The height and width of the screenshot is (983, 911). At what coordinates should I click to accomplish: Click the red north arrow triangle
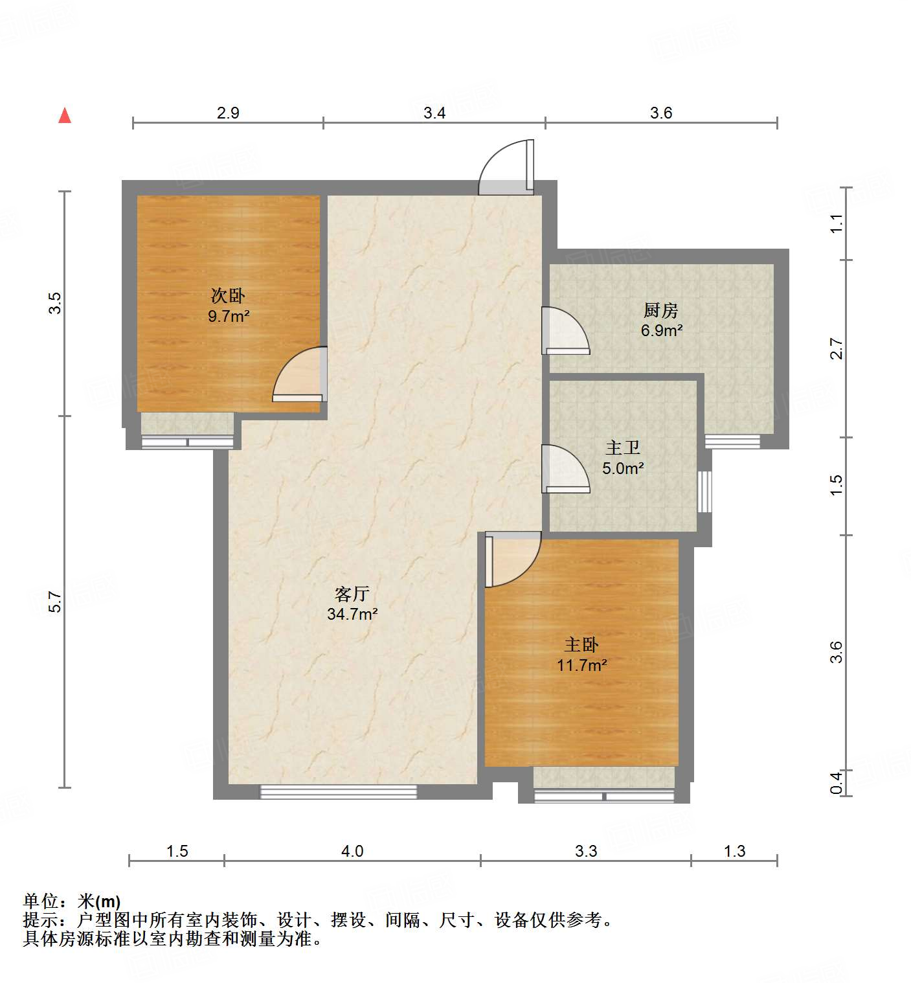[x=65, y=116]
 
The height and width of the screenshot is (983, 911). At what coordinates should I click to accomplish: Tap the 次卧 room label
[x=228, y=296]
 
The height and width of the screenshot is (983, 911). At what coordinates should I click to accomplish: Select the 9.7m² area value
[x=229, y=317]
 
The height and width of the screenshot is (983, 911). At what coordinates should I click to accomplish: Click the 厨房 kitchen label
[x=661, y=310]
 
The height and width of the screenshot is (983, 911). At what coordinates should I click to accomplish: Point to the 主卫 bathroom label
[x=623, y=447]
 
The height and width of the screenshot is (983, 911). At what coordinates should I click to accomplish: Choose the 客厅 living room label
[x=352, y=594]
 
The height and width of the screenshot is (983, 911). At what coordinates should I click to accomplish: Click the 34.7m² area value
[x=352, y=614]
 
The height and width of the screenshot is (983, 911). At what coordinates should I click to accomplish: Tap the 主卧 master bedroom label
[x=581, y=644]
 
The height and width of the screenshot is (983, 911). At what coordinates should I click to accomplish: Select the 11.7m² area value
[x=581, y=665]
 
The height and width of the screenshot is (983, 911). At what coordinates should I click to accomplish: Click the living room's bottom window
[x=339, y=791]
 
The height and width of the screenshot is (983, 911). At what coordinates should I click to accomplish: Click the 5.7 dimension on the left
[x=56, y=602]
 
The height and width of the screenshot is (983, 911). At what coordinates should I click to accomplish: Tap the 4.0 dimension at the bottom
[x=352, y=851]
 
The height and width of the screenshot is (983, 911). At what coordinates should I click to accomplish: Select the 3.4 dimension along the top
[x=434, y=113]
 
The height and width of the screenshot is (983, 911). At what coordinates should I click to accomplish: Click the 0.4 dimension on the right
[x=837, y=782]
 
